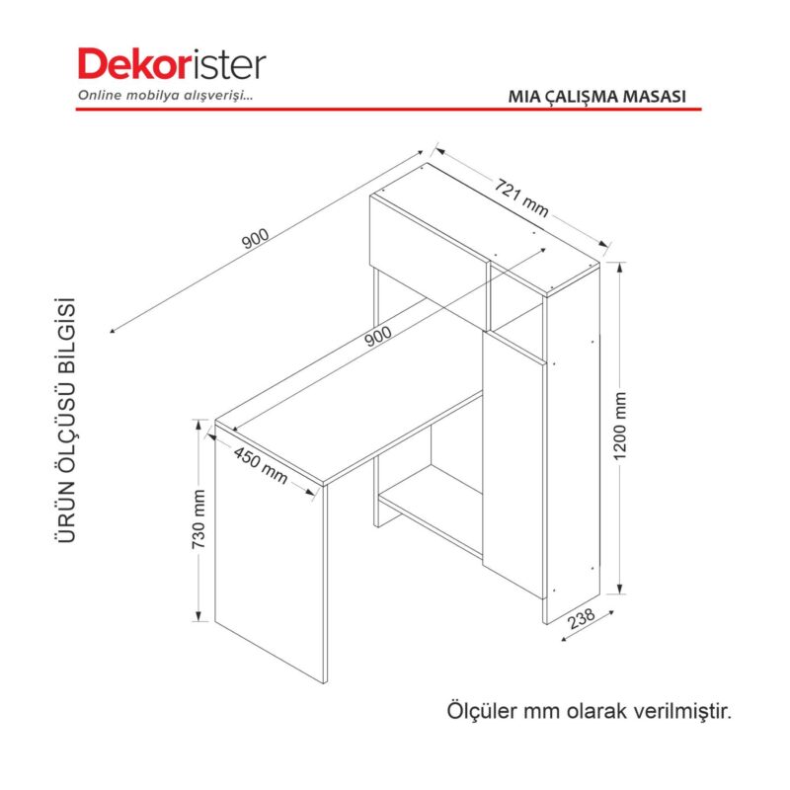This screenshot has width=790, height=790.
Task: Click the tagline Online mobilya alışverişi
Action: tap(165, 95)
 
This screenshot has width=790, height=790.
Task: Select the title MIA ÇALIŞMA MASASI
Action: tap(597, 96)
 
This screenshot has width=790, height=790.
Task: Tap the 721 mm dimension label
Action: tap(521, 198)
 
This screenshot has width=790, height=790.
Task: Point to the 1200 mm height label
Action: tap(620, 426)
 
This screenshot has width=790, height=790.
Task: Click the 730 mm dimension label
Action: tap(199, 519)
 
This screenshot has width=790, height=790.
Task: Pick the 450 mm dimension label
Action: tap(261, 465)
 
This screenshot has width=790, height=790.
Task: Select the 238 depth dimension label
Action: tap(582, 619)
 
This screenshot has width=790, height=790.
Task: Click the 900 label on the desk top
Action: tap(378, 336)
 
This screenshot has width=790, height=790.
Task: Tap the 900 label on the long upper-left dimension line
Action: tap(256, 239)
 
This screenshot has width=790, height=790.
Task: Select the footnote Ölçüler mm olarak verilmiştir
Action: tap(589, 711)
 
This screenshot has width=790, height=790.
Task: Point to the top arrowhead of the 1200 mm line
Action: tap(620, 267)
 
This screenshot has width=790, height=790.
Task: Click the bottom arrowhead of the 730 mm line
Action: tap(199, 616)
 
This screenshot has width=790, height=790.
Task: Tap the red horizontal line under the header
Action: tap(388, 109)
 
